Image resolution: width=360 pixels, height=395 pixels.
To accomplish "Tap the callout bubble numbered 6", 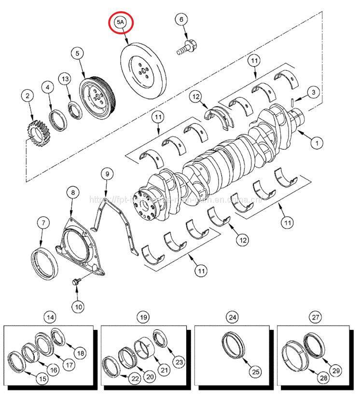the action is coord(181,20).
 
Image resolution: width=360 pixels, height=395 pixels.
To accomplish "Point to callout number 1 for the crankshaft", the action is coord(317,143).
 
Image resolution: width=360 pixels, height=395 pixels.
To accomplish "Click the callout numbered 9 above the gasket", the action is coord(106,173).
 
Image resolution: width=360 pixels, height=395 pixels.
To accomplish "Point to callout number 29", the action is coord(336,370).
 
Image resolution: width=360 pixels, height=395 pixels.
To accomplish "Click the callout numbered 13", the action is coord(65,79).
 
